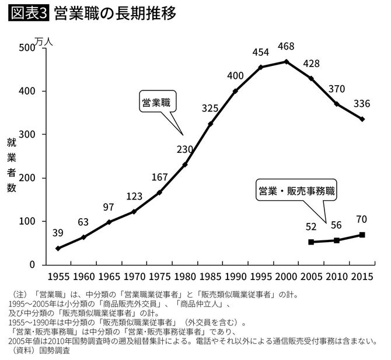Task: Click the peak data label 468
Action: point(285,47)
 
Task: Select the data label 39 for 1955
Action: point(58,233)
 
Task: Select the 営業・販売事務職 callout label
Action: point(298,191)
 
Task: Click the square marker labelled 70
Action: point(362,235)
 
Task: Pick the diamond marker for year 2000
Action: point(286,61)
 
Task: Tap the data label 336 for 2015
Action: point(362,104)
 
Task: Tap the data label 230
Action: point(184,149)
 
